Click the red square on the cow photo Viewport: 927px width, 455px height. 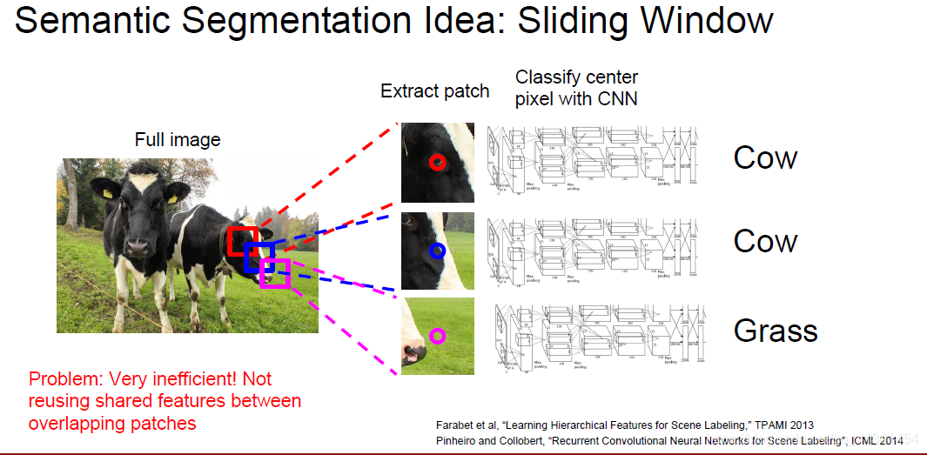pos(243,240)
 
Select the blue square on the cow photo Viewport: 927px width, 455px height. pos(259,258)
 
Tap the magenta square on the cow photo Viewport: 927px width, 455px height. pos(275,272)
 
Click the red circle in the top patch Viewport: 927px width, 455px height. pos(437,162)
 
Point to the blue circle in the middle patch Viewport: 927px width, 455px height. pos(437,251)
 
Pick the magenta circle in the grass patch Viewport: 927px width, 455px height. pos(437,335)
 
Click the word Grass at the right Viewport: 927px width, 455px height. pos(776,331)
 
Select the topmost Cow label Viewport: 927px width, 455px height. pos(765,157)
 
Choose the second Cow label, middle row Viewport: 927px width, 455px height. pos(765,241)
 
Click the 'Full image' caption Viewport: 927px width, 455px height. pos(178,140)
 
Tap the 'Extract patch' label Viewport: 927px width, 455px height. pos(434,91)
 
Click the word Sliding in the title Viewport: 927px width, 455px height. pos(572,20)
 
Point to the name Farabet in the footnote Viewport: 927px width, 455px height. pos(456,425)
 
